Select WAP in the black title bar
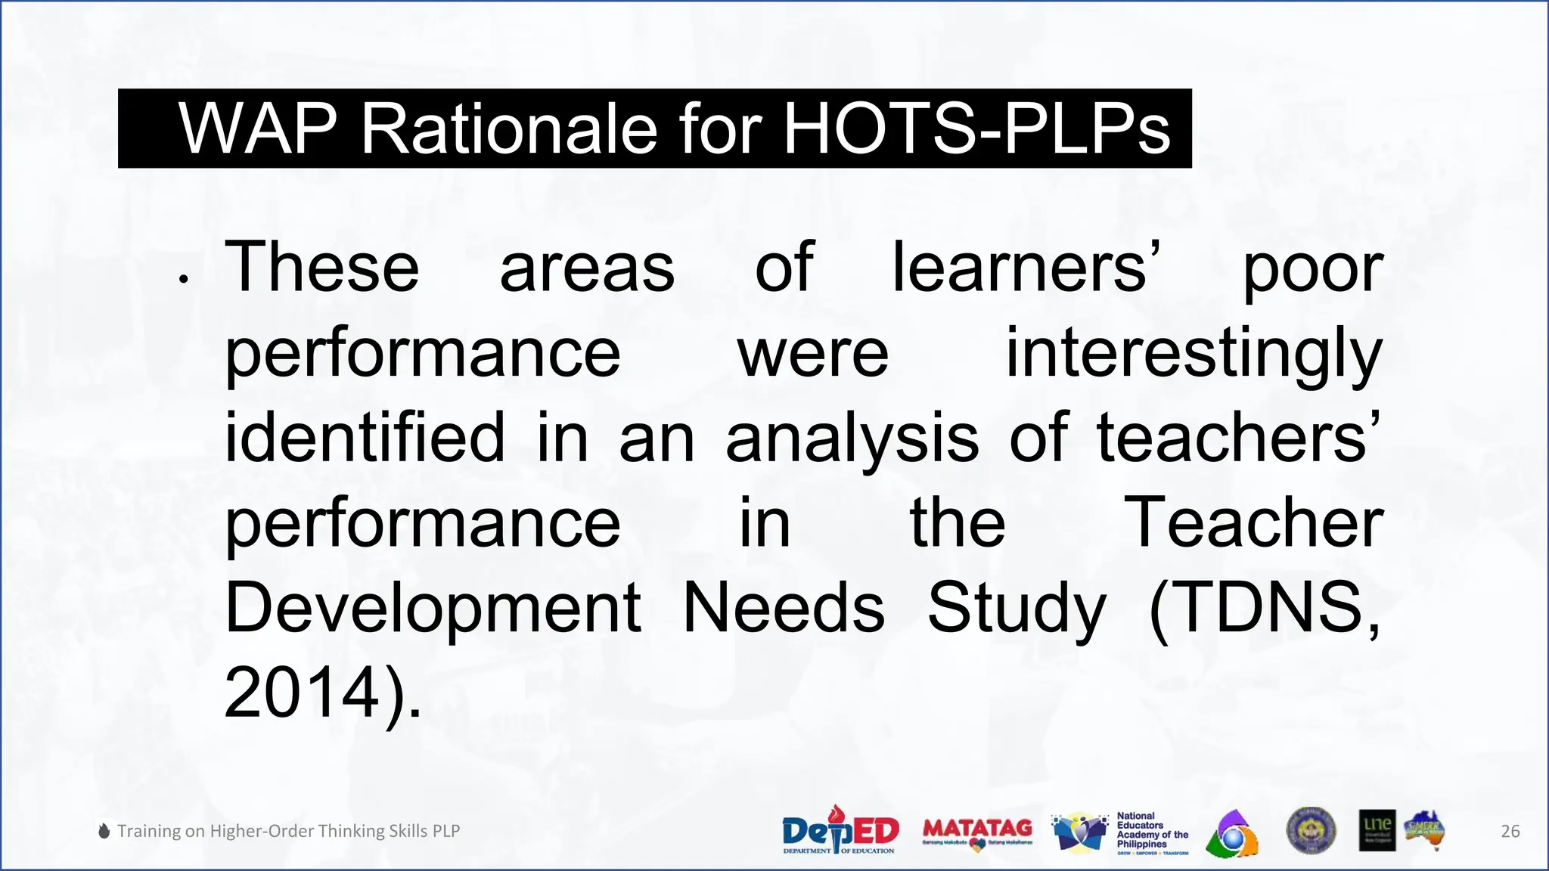click(257, 129)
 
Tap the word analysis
click(852, 439)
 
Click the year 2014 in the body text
click(301, 693)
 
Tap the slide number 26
click(1510, 832)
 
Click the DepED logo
click(840, 830)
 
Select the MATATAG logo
click(977, 832)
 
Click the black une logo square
click(1377, 830)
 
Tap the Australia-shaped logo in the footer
click(1424, 830)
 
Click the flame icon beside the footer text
click(104, 831)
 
